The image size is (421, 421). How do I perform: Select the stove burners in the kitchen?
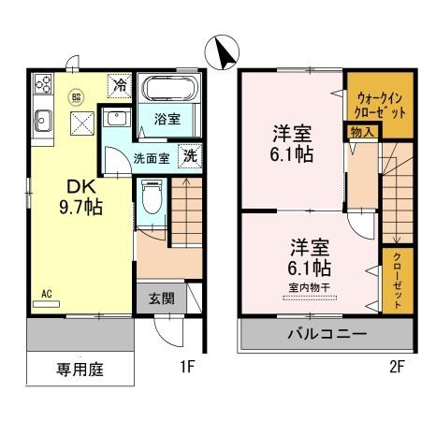(x=43, y=85)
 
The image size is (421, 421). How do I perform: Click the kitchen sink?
(x=43, y=119)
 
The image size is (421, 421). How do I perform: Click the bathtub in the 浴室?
(x=168, y=92)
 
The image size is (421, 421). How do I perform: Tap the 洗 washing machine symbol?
(x=190, y=156)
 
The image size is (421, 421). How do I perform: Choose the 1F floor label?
(x=186, y=368)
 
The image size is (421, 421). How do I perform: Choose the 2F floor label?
(x=397, y=368)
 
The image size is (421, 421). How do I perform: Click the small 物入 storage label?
(x=363, y=132)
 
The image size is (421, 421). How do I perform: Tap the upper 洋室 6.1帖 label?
(x=292, y=142)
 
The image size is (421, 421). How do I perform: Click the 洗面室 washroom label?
(x=150, y=158)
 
